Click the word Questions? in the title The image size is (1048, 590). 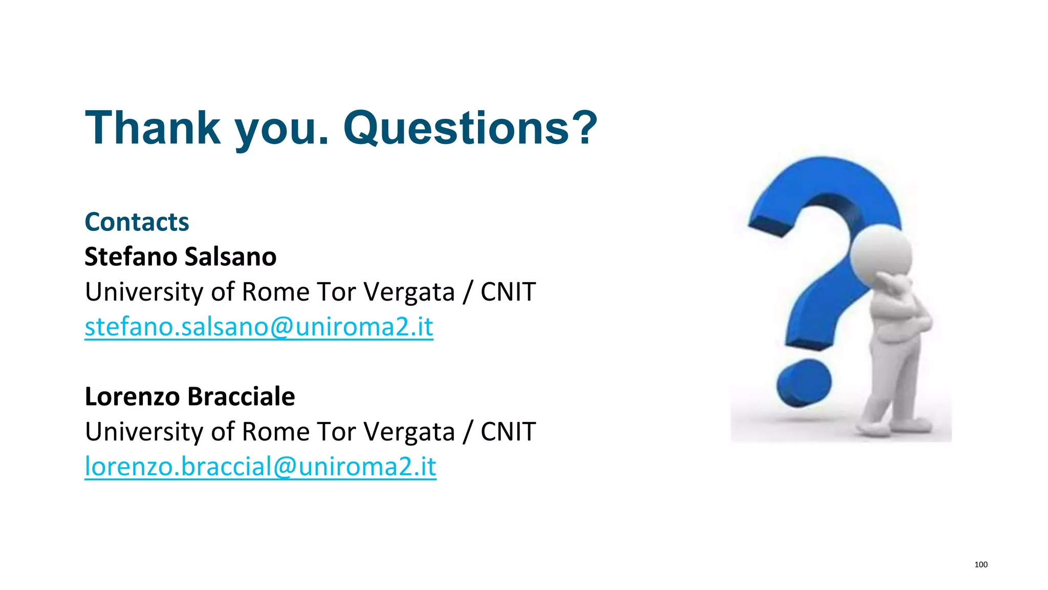[470, 128]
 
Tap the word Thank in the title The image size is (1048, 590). [152, 128]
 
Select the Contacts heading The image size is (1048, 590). [137, 222]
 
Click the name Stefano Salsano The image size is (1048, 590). [180, 257]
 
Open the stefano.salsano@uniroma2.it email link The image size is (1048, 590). [258, 327]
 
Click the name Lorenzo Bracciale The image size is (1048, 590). [189, 396]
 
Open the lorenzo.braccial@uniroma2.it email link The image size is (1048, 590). [260, 467]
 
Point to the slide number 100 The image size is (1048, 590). [980, 564]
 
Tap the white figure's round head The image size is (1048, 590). [881, 254]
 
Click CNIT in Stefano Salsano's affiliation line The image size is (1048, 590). [508, 292]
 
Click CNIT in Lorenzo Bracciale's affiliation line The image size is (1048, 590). [508, 432]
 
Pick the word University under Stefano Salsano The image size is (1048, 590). [144, 292]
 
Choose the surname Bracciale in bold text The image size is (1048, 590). [241, 396]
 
